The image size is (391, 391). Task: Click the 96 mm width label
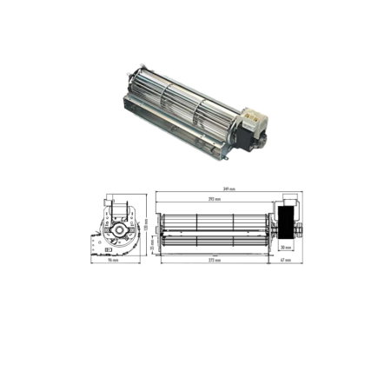coord(113,260)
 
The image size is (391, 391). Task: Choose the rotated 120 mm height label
coord(146,224)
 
